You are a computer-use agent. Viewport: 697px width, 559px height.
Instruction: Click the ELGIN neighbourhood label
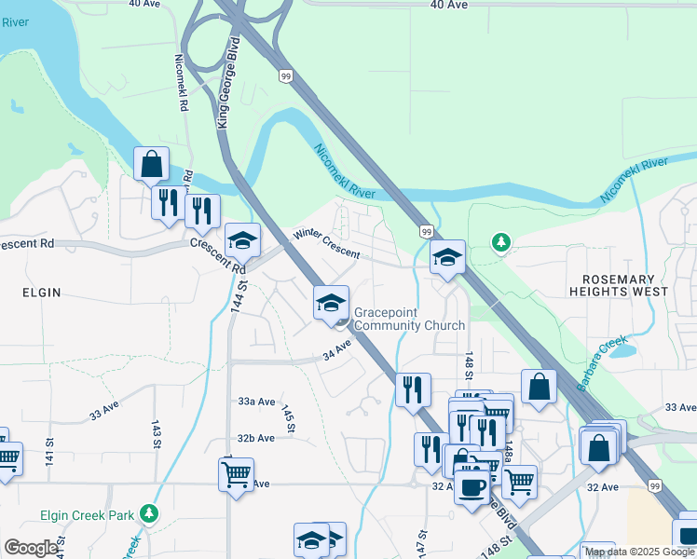pyautogui.click(x=41, y=293)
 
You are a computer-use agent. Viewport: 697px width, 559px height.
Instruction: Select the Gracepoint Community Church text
pyautogui.click(x=409, y=319)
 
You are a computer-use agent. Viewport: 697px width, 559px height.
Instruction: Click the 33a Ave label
pyautogui.click(x=256, y=402)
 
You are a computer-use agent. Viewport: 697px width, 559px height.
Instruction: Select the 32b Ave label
pyautogui.click(x=255, y=438)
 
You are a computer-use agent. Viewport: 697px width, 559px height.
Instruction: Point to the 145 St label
pyautogui.click(x=289, y=420)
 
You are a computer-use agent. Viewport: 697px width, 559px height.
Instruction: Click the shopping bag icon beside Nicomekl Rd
pyautogui.click(x=151, y=165)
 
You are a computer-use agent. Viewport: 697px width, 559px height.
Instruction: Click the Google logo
pyautogui.click(x=31, y=548)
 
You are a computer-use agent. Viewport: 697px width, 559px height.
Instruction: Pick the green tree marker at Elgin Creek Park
pyautogui.click(x=148, y=513)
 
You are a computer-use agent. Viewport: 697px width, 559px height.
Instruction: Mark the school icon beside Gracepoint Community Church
pyautogui.click(x=330, y=303)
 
